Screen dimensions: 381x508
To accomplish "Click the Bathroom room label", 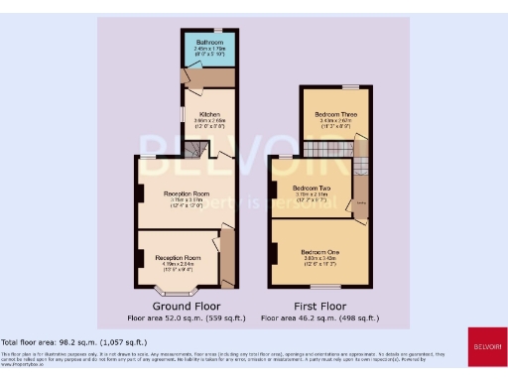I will click(208, 41).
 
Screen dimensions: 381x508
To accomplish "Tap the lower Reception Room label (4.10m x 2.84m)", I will click(179, 257).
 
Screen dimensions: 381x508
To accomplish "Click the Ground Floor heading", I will click(186, 306).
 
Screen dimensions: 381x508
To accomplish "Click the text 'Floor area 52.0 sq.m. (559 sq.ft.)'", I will click(186, 317).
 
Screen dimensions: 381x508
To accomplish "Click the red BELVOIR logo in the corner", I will click(485, 346).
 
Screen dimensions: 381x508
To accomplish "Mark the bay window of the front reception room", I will click(178, 292).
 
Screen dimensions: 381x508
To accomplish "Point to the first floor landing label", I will click(361, 202).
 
